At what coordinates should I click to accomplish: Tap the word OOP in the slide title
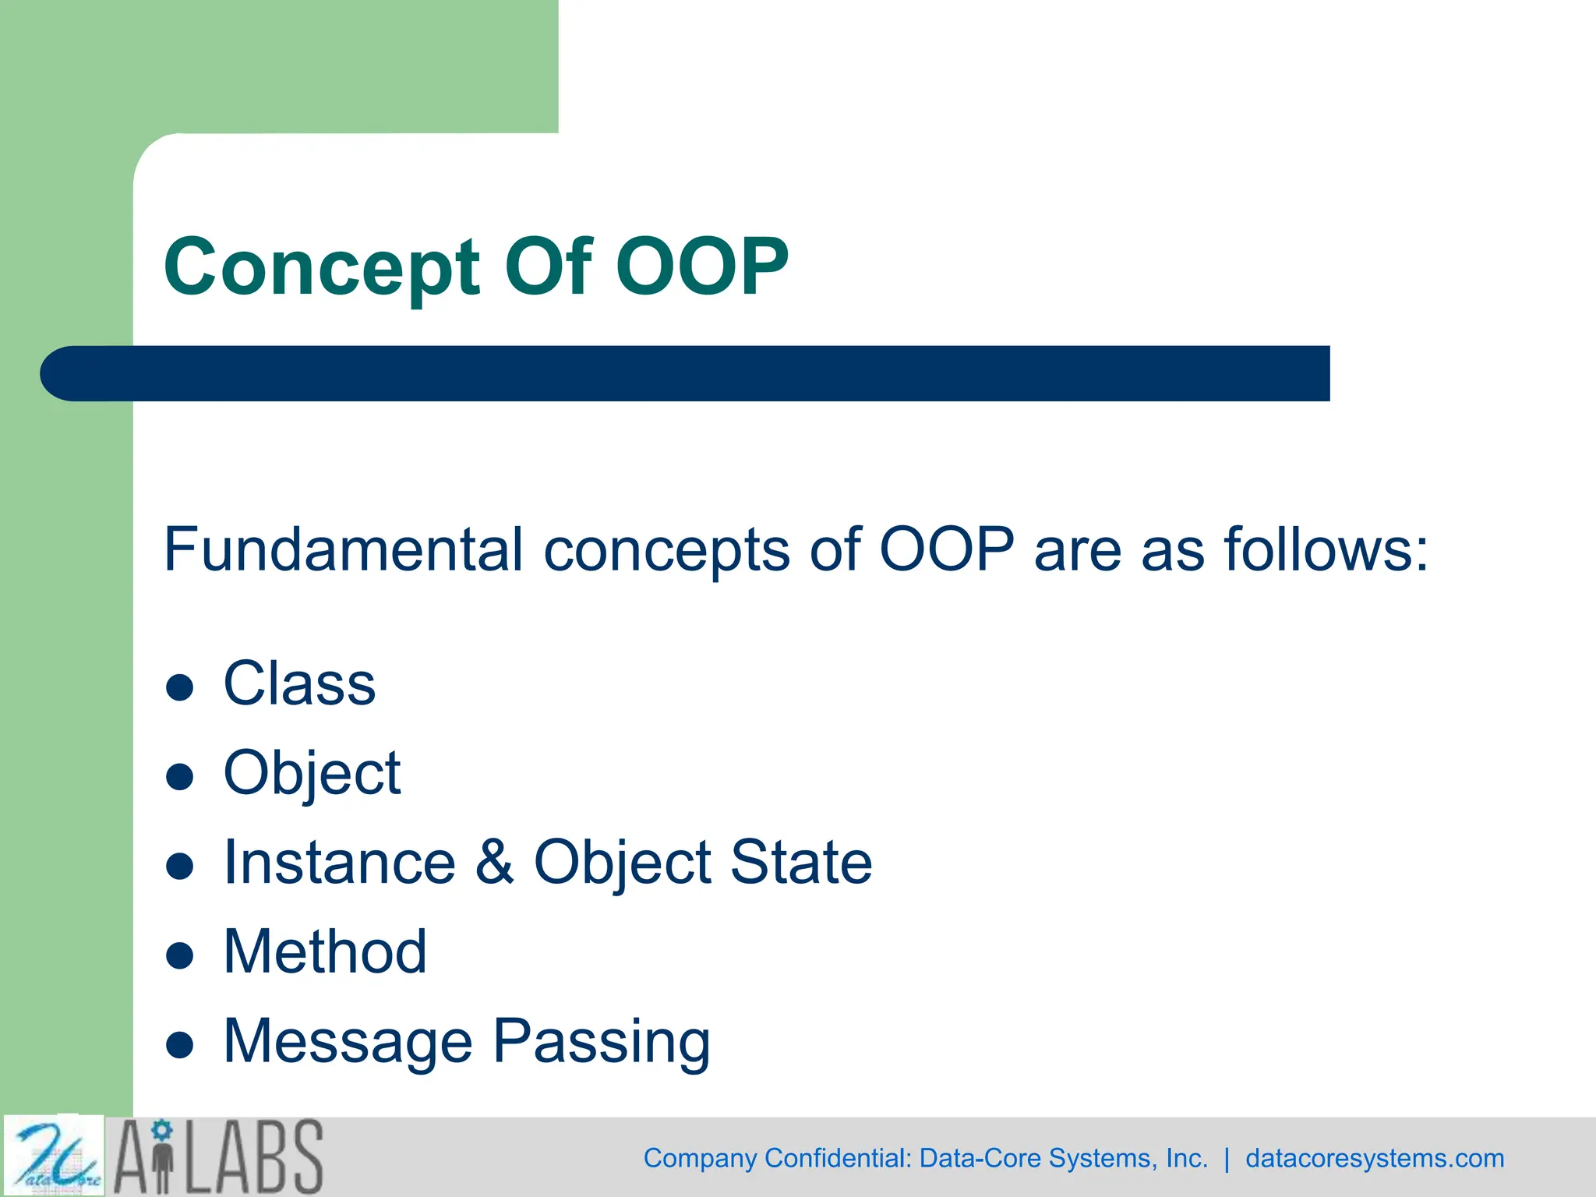coord(702,267)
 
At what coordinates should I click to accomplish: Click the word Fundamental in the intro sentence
coord(343,549)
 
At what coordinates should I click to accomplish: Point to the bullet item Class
coord(299,683)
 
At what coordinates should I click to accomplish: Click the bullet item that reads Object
coord(312,773)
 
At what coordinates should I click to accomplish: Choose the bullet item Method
coord(325,952)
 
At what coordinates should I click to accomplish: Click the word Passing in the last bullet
coord(602,1041)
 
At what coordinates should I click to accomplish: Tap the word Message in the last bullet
coord(348,1041)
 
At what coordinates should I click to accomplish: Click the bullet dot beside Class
coord(180,687)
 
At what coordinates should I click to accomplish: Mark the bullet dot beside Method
coord(180,955)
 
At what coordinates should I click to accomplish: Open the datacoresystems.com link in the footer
coord(1374,1158)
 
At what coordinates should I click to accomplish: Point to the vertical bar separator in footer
coord(1227,1158)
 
